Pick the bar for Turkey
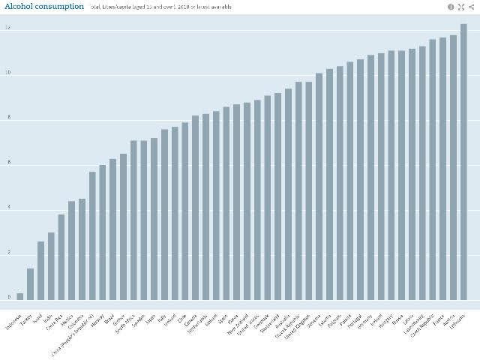coord(31,284)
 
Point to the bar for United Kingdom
coord(309,191)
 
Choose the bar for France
coord(443,169)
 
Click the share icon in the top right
coord(471,7)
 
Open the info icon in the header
coord(451,7)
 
